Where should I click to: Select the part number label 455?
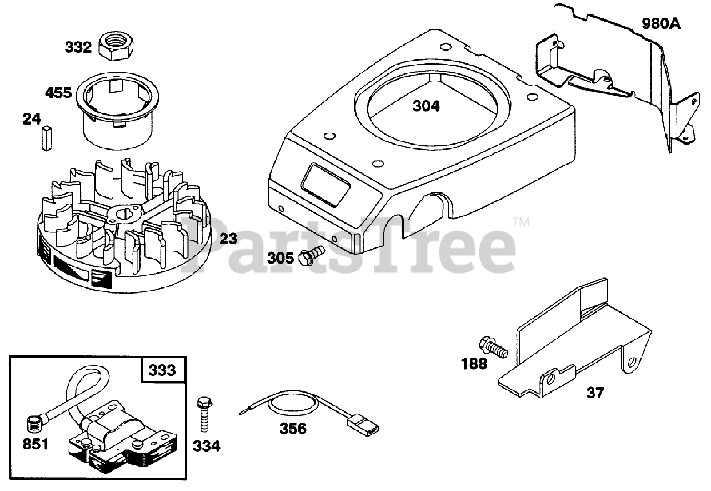point(59,92)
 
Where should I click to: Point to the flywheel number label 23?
point(228,239)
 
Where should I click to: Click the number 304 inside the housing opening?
point(426,106)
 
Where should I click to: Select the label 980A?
point(661,24)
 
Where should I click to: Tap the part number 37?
point(595,393)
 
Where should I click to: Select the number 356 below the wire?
point(293,429)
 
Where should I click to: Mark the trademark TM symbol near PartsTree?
point(520,223)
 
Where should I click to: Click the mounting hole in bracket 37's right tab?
point(631,362)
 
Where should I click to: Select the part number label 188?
point(473,364)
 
